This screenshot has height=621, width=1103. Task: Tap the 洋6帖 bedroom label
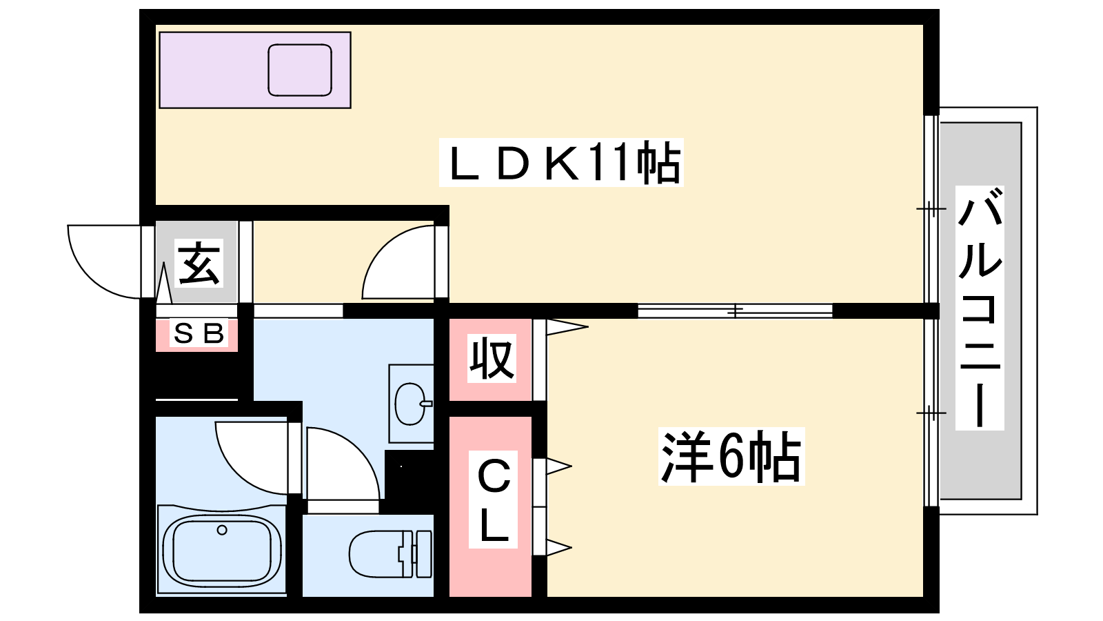[x=731, y=456]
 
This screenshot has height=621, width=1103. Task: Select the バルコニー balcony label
[x=980, y=308]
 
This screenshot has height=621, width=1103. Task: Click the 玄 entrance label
[x=199, y=263]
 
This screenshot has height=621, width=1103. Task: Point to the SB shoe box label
[x=199, y=334]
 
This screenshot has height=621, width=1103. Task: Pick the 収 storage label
[x=492, y=358]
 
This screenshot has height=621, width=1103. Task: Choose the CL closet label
[x=494, y=500]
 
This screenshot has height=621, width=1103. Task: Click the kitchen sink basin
[x=300, y=70]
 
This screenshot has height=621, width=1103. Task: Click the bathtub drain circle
[x=222, y=531]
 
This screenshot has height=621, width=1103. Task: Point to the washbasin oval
[x=410, y=404]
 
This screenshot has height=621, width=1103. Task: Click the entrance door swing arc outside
[x=104, y=262]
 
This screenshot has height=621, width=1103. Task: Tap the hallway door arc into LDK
[x=398, y=262]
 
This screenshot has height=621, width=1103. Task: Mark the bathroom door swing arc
[x=252, y=458]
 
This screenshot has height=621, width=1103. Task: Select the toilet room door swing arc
[x=343, y=464]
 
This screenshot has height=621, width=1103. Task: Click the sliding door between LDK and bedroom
[x=735, y=311]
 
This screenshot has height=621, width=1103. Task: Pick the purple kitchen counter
[x=255, y=70]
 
